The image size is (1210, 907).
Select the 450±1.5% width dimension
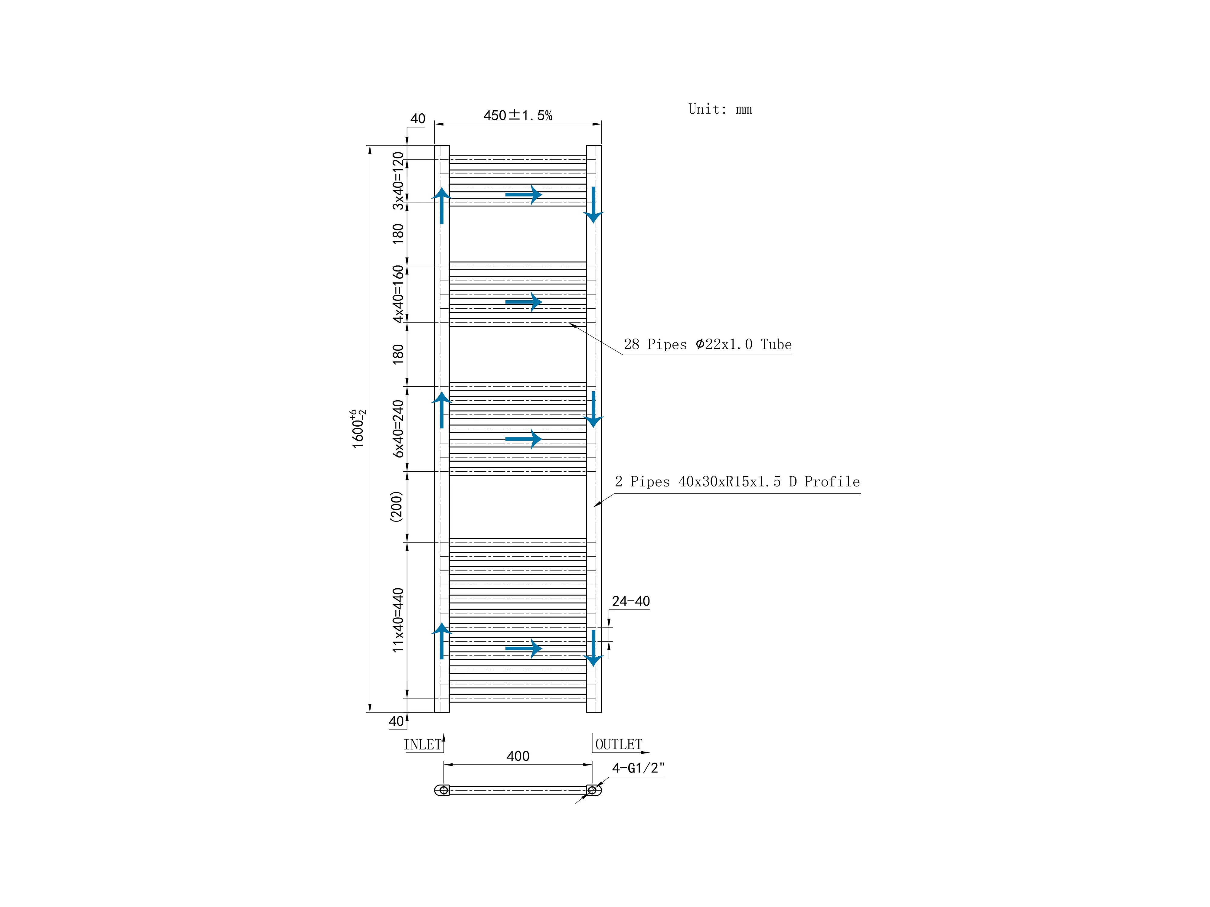(518, 115)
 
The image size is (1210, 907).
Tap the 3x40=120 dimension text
(398, 181)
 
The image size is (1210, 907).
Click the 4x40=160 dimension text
(398, 294)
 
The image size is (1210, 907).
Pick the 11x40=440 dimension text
(398, 620)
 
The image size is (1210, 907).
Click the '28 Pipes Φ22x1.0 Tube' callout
(707, 344)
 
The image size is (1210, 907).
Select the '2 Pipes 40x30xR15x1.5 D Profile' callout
(737, 482)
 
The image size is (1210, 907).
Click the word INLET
(422, 745)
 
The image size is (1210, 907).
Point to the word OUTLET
(618, 745)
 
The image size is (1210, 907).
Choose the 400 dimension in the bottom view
(518, 756)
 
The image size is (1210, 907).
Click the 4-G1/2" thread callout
(638, 768)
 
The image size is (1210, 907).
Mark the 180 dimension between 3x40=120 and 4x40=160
(398, 233)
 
